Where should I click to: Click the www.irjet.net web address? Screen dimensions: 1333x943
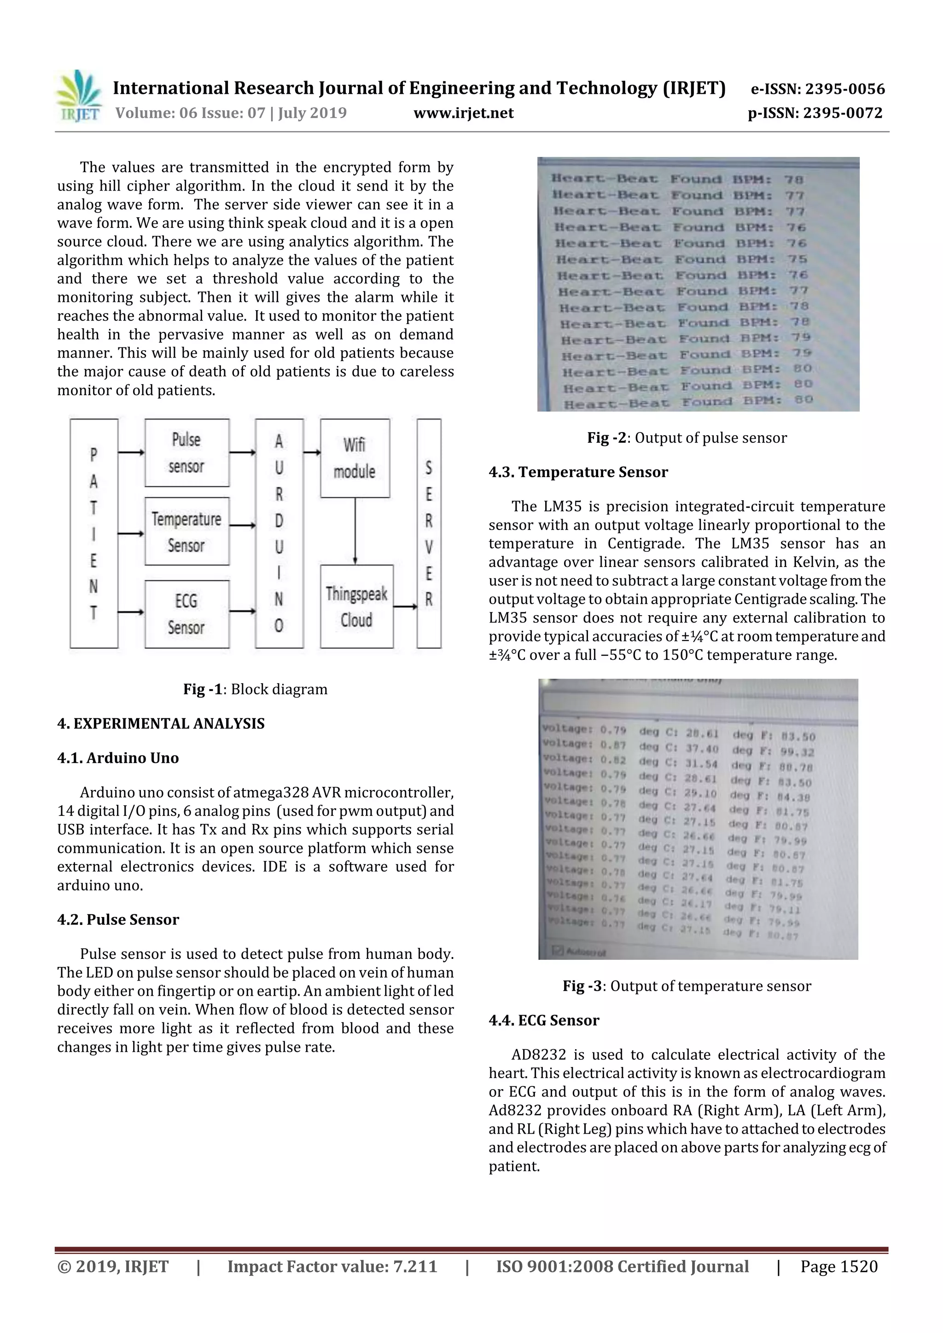click(463, 113)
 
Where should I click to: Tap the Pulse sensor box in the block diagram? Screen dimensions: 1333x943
click(186, 453)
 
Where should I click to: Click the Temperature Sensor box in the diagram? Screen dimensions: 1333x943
click(186, 531)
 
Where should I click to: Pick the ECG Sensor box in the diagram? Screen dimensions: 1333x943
click(186, 614)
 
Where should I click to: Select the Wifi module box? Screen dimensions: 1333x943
click(355, 458)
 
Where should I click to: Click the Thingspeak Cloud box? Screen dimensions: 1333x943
click(356, 606)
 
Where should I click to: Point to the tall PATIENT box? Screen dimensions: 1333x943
click(93, 533)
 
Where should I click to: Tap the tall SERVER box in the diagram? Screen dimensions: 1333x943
click(429, 533)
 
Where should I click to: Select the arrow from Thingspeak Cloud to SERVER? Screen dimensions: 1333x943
click(405, 607)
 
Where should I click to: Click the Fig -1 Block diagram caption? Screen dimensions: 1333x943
click(255, 689)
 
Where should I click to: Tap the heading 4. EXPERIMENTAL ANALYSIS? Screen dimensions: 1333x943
click(161, 723)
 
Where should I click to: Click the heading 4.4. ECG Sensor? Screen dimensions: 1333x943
click(543, 1020)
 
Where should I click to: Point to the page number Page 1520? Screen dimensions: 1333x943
click(838, 1266)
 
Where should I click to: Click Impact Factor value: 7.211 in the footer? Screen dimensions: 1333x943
click(332, 1266)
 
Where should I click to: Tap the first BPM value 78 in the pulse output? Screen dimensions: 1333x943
click(793, 180)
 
